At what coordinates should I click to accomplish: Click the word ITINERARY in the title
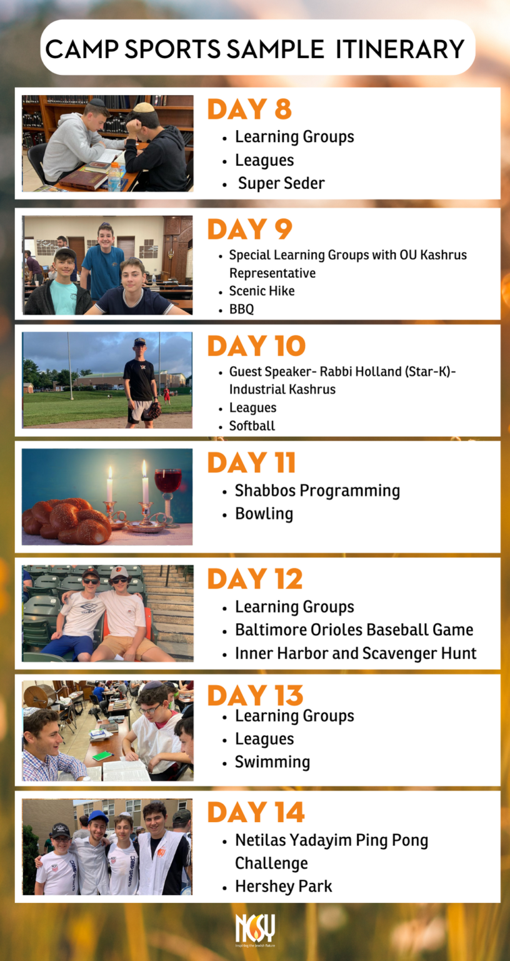pyautogui.click(x=400, y=49)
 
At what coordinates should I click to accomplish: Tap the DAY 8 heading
pyautogui.click(x=249, y=109)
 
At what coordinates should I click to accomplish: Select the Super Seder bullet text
pyautogui.click(x=281, y=183)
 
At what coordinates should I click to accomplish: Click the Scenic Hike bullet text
pyautogui.click(x=262, y=291)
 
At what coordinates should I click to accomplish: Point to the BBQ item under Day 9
pyautogui.click(x=241, y=309)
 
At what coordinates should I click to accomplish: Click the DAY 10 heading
pyautogui.click(x=256, y=346)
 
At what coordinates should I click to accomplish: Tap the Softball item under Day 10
pyautogui.click(x=252, y=426)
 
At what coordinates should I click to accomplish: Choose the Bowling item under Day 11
pyautogui.click(x=264, y=514)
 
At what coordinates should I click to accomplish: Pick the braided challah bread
pyautogui.click(x=67, y=521)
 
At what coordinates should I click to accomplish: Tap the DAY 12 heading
pyautogui.click(x=255, y=579)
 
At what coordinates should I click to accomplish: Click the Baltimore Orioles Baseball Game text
pyautogui.click(x=354, y=630)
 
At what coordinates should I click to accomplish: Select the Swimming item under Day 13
pyautogui.click(x=272, y=762)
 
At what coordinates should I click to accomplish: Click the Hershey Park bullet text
pyautogui.click(x=283, y=887)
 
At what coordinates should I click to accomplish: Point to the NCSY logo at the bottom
pyautogui.click(x=255, y=929)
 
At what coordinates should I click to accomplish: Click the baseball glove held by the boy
pyautogui.click(x=151, y=411)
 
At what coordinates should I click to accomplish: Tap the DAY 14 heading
pyautogui.click(x=256, y=813)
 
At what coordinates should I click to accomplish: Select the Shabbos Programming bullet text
pyautogui.click(x=317, y=491)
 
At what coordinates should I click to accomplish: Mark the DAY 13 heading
pyautogui.click(x=255, y=696)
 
